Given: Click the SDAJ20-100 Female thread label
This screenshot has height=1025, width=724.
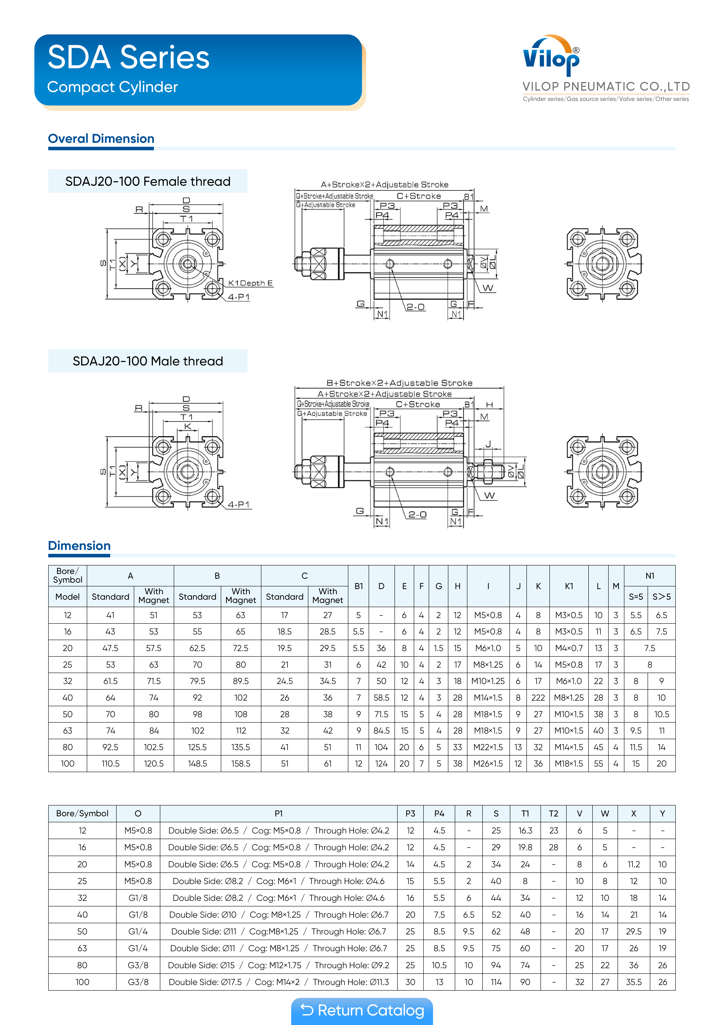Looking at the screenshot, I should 148,181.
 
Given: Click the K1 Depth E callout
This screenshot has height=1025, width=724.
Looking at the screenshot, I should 250,283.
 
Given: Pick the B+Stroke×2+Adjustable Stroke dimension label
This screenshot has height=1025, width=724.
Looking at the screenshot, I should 399,383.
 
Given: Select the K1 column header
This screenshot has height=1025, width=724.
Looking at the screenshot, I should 569,586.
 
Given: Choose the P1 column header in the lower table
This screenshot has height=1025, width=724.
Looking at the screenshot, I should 278,813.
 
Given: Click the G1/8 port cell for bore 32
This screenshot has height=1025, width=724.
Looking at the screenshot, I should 138,898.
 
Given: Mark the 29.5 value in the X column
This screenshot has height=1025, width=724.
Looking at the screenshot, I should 633,931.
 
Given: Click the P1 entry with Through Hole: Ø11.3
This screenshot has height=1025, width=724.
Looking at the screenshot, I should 278,982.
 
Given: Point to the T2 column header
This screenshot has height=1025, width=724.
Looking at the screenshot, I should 553,813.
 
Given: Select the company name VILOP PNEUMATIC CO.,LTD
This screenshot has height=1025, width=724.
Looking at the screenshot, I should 606,87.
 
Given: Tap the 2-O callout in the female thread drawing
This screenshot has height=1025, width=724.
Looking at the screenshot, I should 415,307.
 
